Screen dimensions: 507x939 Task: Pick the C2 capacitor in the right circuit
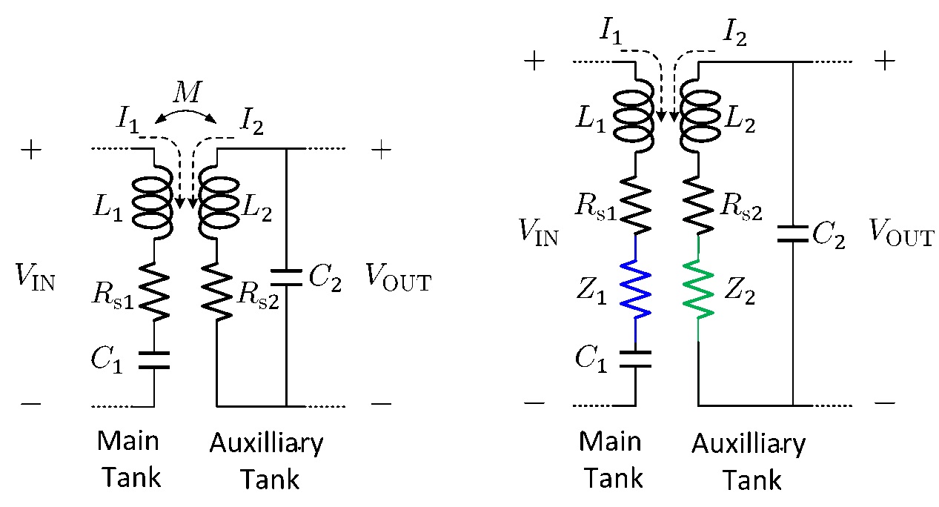click(793, 235)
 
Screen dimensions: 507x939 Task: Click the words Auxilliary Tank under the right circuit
click(748, 462)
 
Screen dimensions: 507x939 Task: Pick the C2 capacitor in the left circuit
click(286, 277)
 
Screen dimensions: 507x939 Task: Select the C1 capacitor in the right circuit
click(636, 359)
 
